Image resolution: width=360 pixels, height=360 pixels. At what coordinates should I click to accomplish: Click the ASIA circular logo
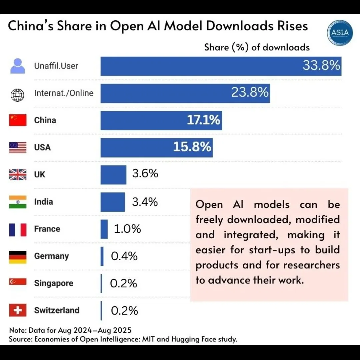point(340,32)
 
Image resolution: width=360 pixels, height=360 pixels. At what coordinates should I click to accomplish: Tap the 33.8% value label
point(321,65)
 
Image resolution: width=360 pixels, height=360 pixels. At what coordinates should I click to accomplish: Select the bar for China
point(161,120)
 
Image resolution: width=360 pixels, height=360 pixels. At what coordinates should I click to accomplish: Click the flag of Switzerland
point(18,310)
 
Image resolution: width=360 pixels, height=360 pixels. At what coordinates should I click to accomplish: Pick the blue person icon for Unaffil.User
point(18,66)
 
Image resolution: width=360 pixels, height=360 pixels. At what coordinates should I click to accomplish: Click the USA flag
point(18,147)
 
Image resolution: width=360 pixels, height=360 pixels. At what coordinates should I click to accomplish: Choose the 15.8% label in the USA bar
point(192,147)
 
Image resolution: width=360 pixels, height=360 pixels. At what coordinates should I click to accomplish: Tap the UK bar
point(113,175)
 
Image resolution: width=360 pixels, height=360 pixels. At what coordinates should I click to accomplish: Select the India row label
point(43,202)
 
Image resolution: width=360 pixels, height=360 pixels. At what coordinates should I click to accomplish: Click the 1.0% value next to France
point(127,229)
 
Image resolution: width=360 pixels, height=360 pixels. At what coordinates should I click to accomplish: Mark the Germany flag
point(18,256)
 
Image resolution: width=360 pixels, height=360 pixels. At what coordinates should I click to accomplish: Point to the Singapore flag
point(18,282)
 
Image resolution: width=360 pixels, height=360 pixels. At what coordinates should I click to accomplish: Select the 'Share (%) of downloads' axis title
point(257,47)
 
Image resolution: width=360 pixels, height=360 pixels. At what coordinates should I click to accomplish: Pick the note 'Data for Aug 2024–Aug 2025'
point(80,330)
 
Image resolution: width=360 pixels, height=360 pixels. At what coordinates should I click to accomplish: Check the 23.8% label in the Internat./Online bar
point(250,93)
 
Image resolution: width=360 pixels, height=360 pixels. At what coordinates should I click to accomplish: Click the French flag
point(18,229)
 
